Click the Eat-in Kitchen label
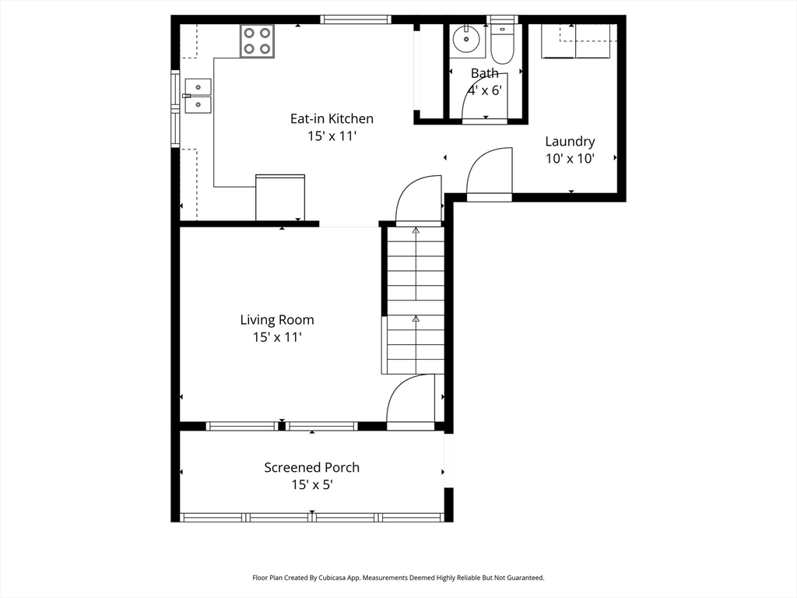[332, 118]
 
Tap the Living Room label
[277, 320]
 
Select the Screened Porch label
[311, 467]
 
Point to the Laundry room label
[570, 142]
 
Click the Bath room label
[484, 73]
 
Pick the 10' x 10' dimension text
[570, 159]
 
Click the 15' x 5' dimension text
[311, 484]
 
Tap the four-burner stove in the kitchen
[257, 40]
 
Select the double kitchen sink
[198, 96]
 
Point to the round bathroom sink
[466, 38]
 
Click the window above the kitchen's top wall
[356, 19]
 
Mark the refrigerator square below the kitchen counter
[280, 198]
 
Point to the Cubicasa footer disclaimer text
[398, 578]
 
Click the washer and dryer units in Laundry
[575, 41]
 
